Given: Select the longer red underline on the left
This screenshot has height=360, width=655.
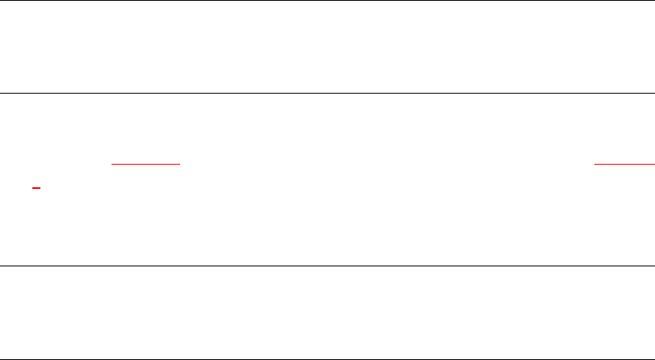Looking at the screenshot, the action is click(145, 163).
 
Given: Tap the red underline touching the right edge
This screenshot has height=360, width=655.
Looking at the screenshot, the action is click(624, 163).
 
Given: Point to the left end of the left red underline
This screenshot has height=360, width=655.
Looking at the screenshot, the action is click(112, 163).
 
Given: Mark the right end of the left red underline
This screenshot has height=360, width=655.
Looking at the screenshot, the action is click(178, 163).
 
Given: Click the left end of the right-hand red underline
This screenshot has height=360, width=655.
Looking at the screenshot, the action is click(595, 163).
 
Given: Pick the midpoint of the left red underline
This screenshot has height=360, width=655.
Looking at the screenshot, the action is click(145, 163).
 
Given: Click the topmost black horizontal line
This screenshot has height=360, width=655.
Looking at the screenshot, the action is click(327, 1).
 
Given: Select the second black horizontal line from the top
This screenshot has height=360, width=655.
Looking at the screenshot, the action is click(327, 93).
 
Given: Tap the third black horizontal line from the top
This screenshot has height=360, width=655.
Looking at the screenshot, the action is click(327, 266).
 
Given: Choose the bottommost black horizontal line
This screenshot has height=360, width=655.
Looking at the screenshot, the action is click(327, 358).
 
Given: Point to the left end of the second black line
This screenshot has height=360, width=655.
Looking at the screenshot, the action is click(1, 93).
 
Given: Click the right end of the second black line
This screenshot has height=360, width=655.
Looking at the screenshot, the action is click(653, 93).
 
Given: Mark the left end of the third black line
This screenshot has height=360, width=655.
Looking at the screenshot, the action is click(1, 266).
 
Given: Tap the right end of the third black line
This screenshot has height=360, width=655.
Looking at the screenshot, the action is click(653, 266).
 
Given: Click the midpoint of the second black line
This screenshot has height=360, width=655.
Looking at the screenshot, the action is click(327, 93).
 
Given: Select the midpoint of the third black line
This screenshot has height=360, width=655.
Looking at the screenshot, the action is click(327, 266).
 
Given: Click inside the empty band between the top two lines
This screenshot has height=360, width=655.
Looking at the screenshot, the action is click(327, 47).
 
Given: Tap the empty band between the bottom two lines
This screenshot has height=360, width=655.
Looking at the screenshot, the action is click(327, 312).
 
